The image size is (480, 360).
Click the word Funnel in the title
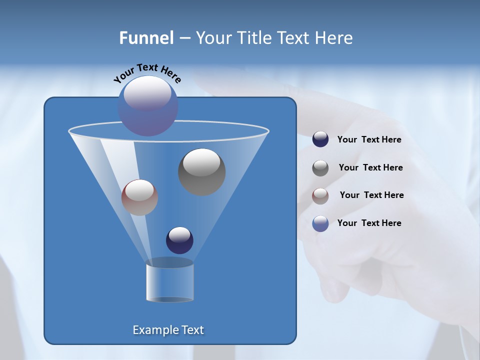pos(146,38)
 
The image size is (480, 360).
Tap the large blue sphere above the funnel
pos(147,106)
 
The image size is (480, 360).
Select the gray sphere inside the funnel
pos(201,172)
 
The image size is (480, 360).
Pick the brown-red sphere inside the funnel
pos(139,197)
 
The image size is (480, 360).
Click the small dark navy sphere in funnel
pos(179,240)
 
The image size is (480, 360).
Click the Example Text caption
pos(168,330)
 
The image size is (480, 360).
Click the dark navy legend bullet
pos(320,139)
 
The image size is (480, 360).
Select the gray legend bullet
pos(320,168)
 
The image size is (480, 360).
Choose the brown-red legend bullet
pos(320,196)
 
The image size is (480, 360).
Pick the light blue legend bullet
pos(320,223)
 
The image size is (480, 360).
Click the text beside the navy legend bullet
pos(369,140)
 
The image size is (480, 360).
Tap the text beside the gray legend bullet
pos(370,168)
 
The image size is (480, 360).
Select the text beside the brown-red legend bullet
pos(371,195)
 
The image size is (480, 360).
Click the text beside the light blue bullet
pos(369,223)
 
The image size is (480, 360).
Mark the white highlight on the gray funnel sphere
pos(201,162)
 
